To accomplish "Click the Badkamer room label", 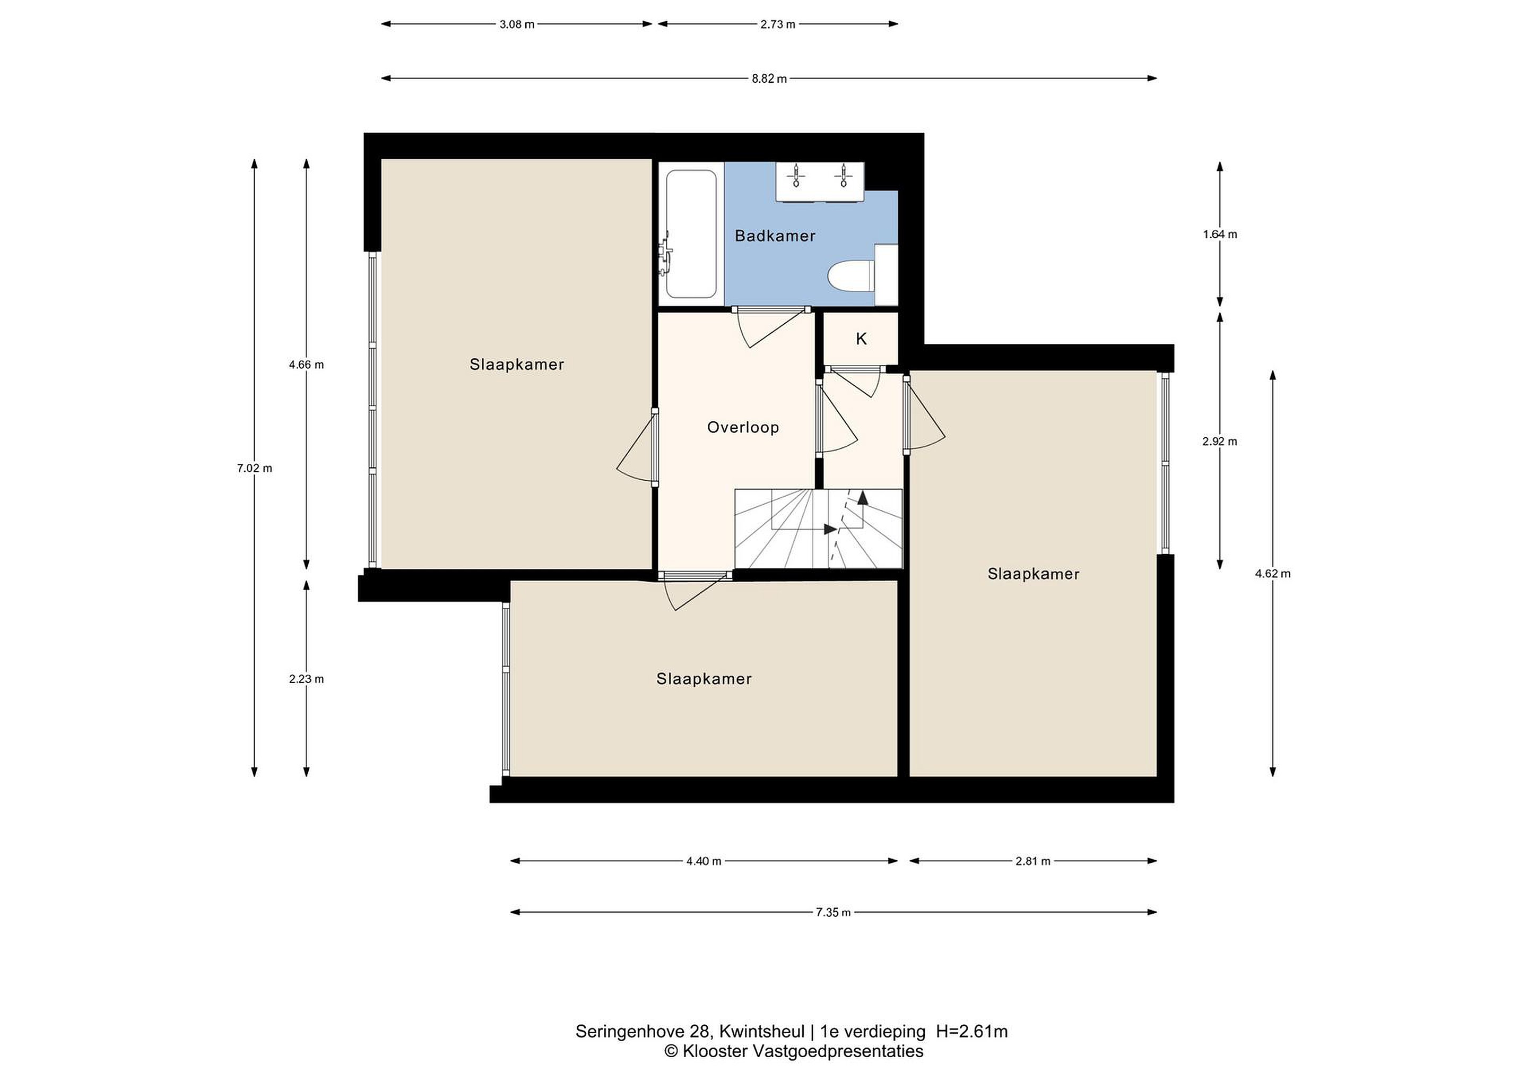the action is tap(775, 236).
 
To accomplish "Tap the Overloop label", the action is tap(743, 427).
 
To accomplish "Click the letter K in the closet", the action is tap(861, 339).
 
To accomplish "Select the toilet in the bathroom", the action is tap(850, 275).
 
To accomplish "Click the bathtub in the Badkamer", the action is tap(691, 235).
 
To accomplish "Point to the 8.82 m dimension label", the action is tap(769, 79).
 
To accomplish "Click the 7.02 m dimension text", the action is tap(254, 468).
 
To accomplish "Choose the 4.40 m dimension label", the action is tap(704, 861).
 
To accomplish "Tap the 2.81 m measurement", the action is tap(1033, 861).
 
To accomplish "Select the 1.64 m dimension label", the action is tap(1220, 235).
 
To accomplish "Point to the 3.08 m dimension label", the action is tap(517, 24).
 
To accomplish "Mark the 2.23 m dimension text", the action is tap(306, 679).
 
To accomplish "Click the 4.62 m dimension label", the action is tap(1272, 574).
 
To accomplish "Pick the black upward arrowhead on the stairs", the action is tap(863, 497).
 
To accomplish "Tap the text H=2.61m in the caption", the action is tap(971, 1032).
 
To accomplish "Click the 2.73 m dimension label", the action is tap(777, 24).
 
